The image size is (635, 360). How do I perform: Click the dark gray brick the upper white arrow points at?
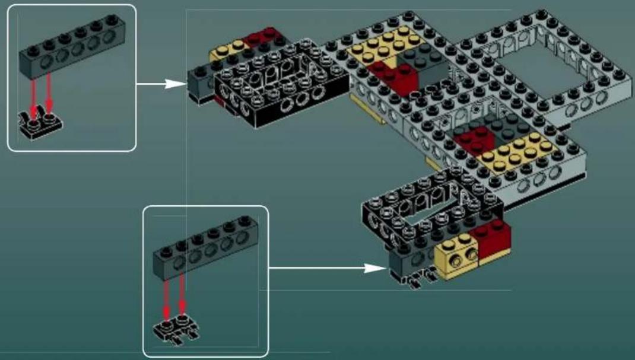click(199, 83)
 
